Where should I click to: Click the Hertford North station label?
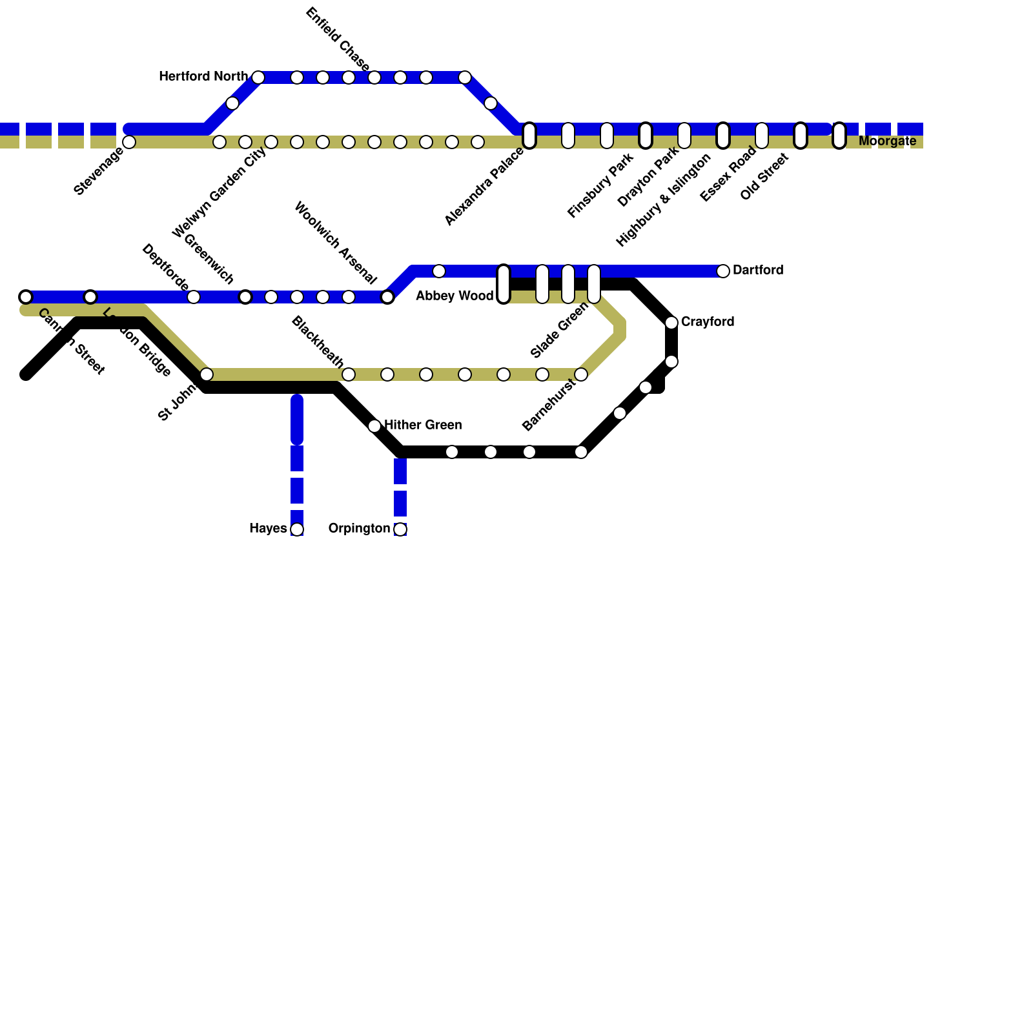[x=203, y=77]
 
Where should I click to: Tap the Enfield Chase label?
[x=337, y=39]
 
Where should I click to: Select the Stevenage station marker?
[x=129, y=142]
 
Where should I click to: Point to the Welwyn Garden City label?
[x=220, y=192]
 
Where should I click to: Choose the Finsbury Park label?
[x=600, y=185]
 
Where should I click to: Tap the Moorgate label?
[x=887, y=141]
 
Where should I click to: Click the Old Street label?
[x=764, y=176]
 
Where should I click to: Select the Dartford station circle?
[x=723, y=271]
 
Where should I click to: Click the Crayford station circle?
[x=671, y=322]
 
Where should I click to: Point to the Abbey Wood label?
[x=455, y=296]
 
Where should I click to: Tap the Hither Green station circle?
[x=374, y=426]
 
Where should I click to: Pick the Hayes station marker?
[x=297, y=529]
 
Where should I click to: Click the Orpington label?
[x=359, y=529]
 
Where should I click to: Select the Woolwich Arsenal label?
[x=334, y=243]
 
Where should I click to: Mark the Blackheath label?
[x=317, y=342]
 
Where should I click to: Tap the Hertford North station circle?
[x=258, y=77]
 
